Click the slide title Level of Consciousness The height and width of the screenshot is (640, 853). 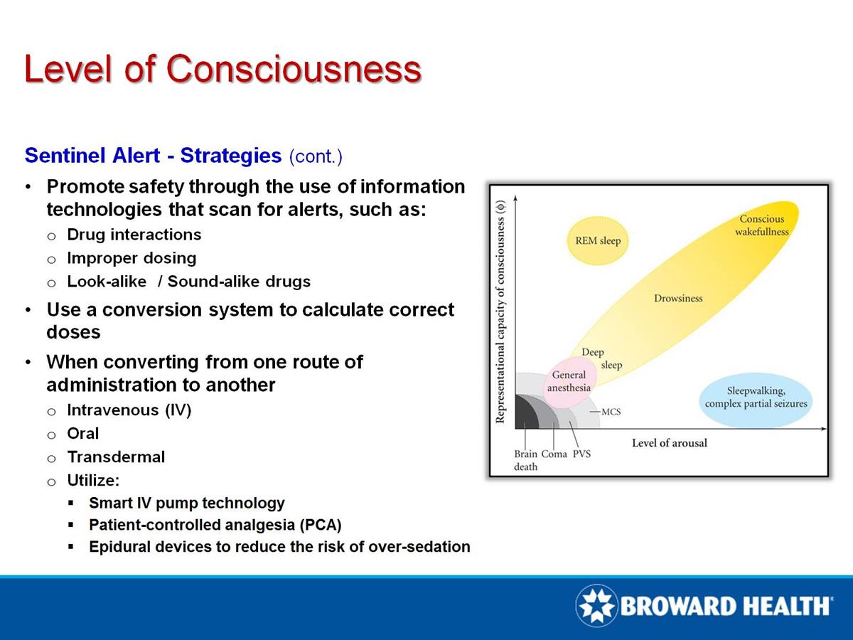[x=222, y=69]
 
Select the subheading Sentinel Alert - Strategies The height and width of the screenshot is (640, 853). [x=153, y=156]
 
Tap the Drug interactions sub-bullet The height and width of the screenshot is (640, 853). [x=134, y=235]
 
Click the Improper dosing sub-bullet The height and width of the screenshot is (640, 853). [x=132, y=258]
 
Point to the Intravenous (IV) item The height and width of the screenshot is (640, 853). [x=129, y=410]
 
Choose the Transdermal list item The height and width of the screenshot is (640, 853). [x=116, y=457]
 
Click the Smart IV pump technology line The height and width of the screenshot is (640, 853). [x=186, y=503]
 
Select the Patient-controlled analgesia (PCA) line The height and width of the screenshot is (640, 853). [x=215, y=526]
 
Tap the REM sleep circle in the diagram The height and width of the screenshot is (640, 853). [x=597, y=241]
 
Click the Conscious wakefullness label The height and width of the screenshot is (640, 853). [x=761, y=225]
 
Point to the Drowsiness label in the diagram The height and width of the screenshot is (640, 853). [x=677, y=299]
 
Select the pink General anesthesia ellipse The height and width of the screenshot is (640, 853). [x=569, y=382]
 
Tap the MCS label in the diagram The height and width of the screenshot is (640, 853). [x=611, y=411]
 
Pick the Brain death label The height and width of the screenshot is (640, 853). [x=526, y=460]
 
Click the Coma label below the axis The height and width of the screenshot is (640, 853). [x=554, y=454]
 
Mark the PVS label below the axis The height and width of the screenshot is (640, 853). [x=581, y=454]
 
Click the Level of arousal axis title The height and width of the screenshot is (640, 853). [x=669, y=443]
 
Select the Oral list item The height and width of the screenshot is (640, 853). [x=83, y=434]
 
